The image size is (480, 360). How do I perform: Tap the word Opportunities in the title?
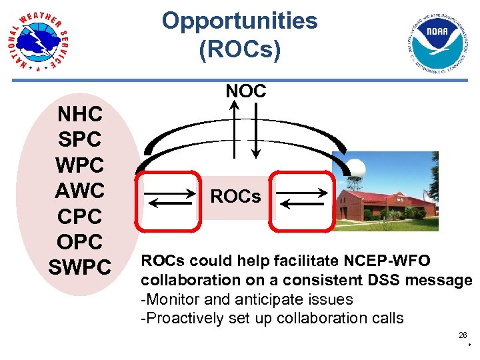tap(239, 21)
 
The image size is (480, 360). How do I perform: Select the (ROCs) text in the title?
tap(239, 50)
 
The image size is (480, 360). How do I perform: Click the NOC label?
tap(245, 91)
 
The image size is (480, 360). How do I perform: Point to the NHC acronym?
tap(80, 115)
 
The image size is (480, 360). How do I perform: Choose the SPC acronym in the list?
tap(80, 140)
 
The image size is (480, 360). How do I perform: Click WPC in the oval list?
tap(80, 165)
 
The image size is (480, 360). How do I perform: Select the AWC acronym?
tap(80, 191)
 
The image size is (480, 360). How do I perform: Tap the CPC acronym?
tap(80, 216)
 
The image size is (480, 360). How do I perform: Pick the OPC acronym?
tap(80, 241)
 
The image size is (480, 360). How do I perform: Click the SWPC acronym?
tap(80, 267)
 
